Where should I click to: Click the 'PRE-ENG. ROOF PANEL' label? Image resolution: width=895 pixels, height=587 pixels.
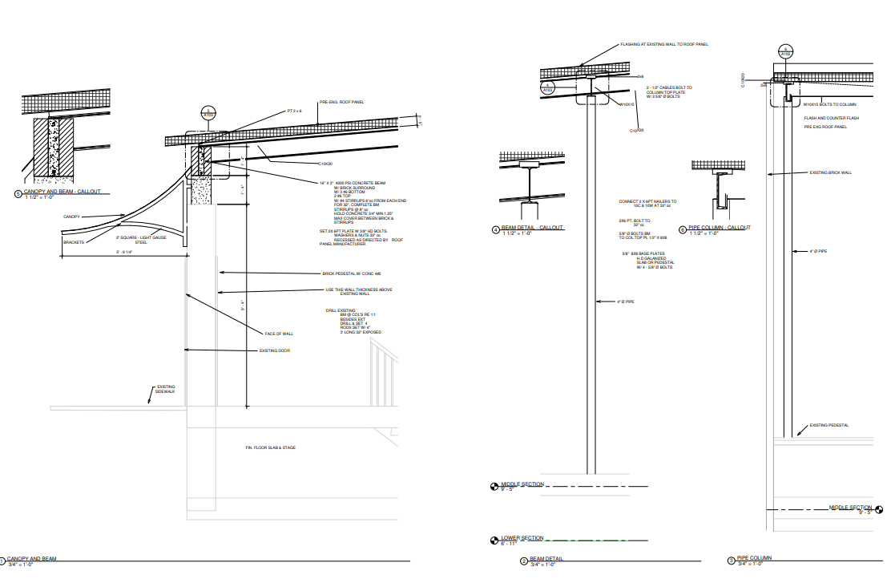click(341, 103)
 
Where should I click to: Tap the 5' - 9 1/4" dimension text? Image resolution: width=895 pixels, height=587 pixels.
click(125, 253)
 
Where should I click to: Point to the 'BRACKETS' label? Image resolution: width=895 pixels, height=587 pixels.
click(74, 241)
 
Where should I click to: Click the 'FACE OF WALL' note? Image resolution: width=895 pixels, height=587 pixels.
click(279, 334)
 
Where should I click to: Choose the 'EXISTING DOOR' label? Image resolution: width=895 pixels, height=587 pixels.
click(274, 350)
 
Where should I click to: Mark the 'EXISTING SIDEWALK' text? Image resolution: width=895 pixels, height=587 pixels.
click(166, 389)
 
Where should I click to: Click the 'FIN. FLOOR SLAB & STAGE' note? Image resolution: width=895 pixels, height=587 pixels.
click(271, 447)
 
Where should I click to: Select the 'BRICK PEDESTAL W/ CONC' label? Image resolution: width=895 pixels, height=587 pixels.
click(352, 273)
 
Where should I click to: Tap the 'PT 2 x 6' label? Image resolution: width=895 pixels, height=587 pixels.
click(295, 111)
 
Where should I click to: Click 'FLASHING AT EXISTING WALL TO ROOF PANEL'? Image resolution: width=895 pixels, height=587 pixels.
click(664, 44)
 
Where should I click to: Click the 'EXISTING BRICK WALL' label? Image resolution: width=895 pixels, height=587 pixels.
click(829, 172)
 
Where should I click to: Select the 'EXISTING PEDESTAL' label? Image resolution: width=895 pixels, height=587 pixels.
click(828, 425)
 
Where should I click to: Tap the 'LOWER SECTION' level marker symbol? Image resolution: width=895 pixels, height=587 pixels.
click(494, 540)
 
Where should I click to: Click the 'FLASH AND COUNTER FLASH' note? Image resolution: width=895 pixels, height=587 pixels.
click(831, 118)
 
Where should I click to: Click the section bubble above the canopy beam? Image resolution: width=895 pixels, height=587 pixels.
click(208, 113)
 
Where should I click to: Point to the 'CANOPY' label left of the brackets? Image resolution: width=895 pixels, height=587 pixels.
click(71, 217)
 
